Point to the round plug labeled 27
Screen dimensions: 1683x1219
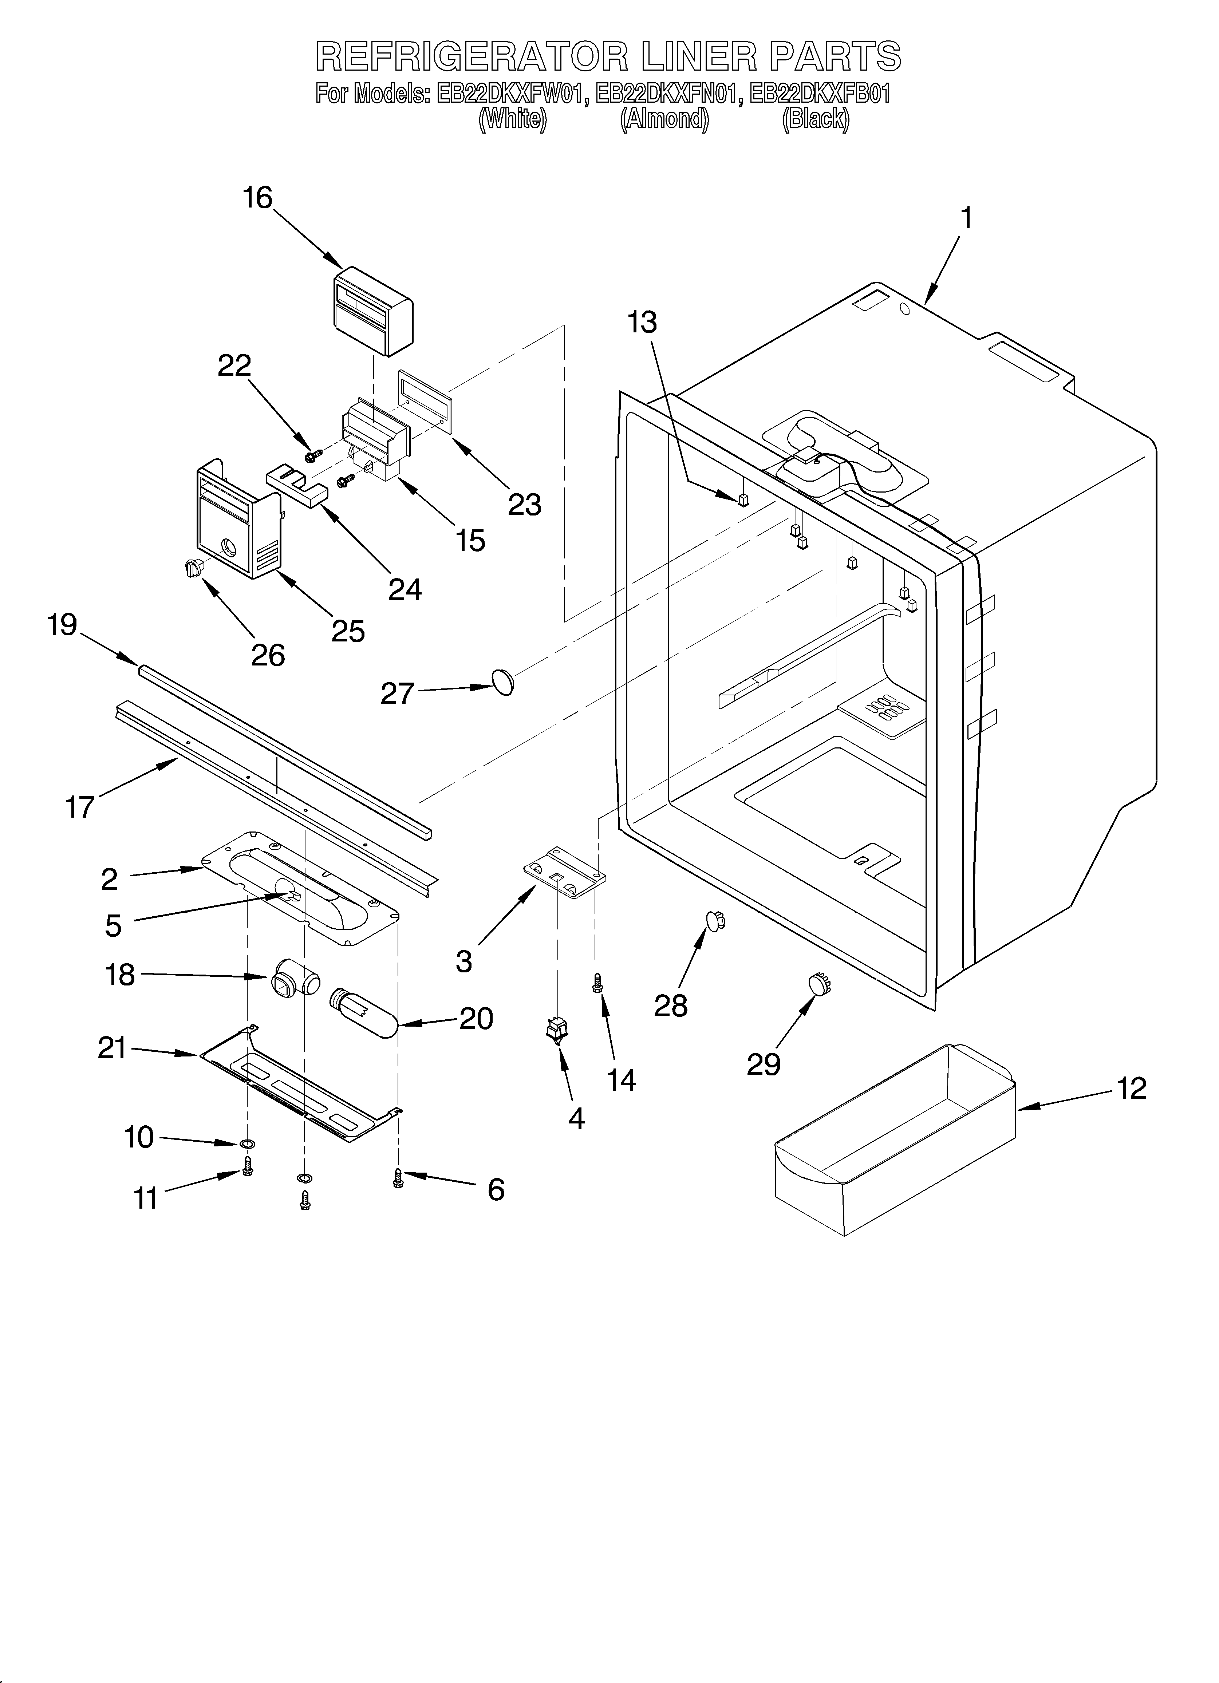(x=502, y=680)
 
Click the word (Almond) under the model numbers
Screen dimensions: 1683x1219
(x=664, y=119)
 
